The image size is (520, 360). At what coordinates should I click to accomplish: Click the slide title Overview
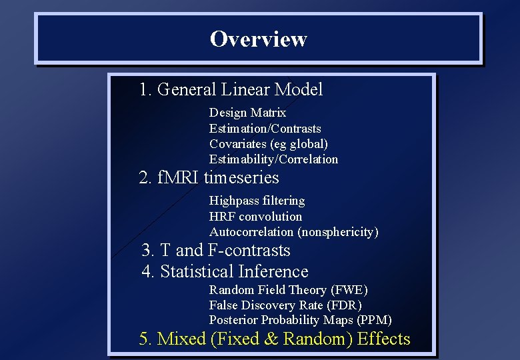(x=258, y=39)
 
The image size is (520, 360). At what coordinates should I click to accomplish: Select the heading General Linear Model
(x=231, y=89)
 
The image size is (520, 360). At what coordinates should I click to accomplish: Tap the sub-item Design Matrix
(x=247, y=113)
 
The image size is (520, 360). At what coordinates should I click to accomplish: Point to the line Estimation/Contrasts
(x=265, y=128)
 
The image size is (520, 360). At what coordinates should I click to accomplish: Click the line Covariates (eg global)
(x=268, y=143)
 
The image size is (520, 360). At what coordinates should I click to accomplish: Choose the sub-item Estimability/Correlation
(x=273, y=159)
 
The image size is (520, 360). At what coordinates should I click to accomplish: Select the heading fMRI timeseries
(x=209, y=178)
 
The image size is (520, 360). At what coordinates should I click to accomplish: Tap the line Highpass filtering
(x=257, y=200)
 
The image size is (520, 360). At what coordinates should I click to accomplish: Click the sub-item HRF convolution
(x=255, y=216)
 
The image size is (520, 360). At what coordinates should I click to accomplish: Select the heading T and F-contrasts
(x=216, y=250)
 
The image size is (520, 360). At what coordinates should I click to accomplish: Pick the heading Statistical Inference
(x=225, y=271)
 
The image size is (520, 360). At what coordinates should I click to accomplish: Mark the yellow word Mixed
(x=181, y=339)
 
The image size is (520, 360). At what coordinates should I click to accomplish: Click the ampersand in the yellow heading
(x=271, y=339)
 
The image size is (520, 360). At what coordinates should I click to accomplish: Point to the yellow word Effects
(x=383, y=339)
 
